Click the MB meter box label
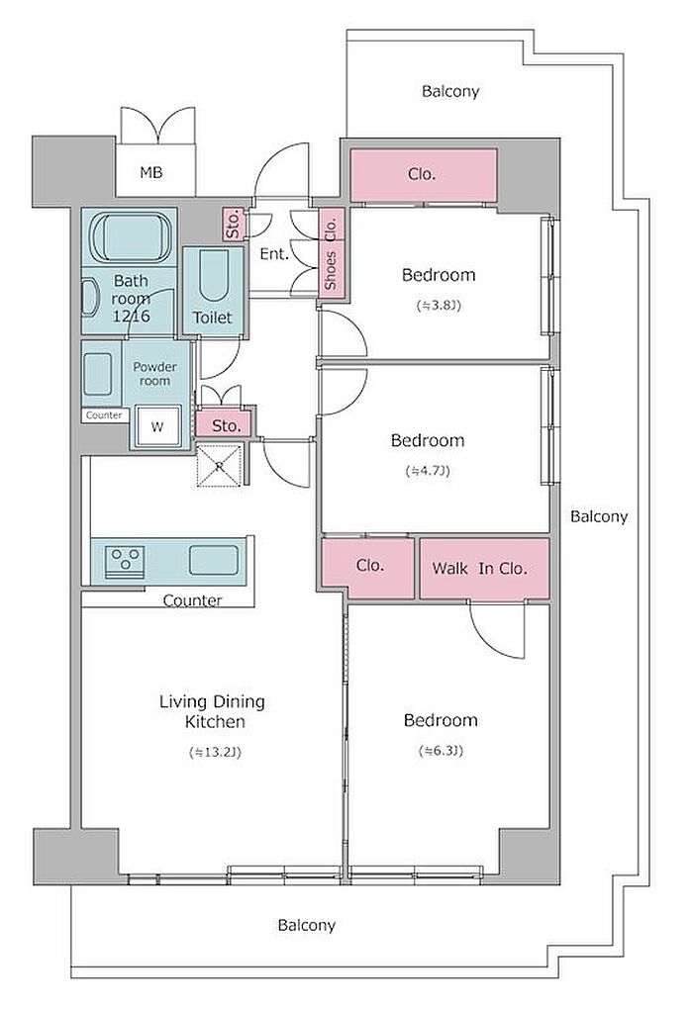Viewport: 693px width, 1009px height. point(151,172)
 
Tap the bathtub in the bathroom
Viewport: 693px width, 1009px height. point(131,237)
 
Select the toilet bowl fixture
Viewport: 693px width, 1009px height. point(213,275)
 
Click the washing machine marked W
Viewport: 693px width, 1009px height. point(156,426)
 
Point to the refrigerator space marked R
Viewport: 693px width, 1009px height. point(220,467)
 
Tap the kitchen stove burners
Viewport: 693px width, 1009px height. point(125,561)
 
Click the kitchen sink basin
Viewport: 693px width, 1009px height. point(214,560)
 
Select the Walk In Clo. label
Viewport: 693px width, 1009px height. point(479,568)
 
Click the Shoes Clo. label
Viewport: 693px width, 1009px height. point(331,253)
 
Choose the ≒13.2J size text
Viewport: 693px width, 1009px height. point(215,752)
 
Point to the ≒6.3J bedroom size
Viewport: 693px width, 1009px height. point(441,750)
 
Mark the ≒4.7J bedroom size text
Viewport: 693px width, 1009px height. point(428,471)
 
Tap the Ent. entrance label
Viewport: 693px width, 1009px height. point(273,254)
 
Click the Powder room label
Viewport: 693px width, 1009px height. point(154,373)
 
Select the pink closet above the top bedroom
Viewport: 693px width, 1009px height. point(423,174)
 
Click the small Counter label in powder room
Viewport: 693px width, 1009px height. point(104,415)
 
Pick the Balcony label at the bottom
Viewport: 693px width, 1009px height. point(307,925)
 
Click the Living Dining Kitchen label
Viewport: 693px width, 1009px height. point(213,711)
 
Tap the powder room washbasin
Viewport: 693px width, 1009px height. point(98,374)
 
